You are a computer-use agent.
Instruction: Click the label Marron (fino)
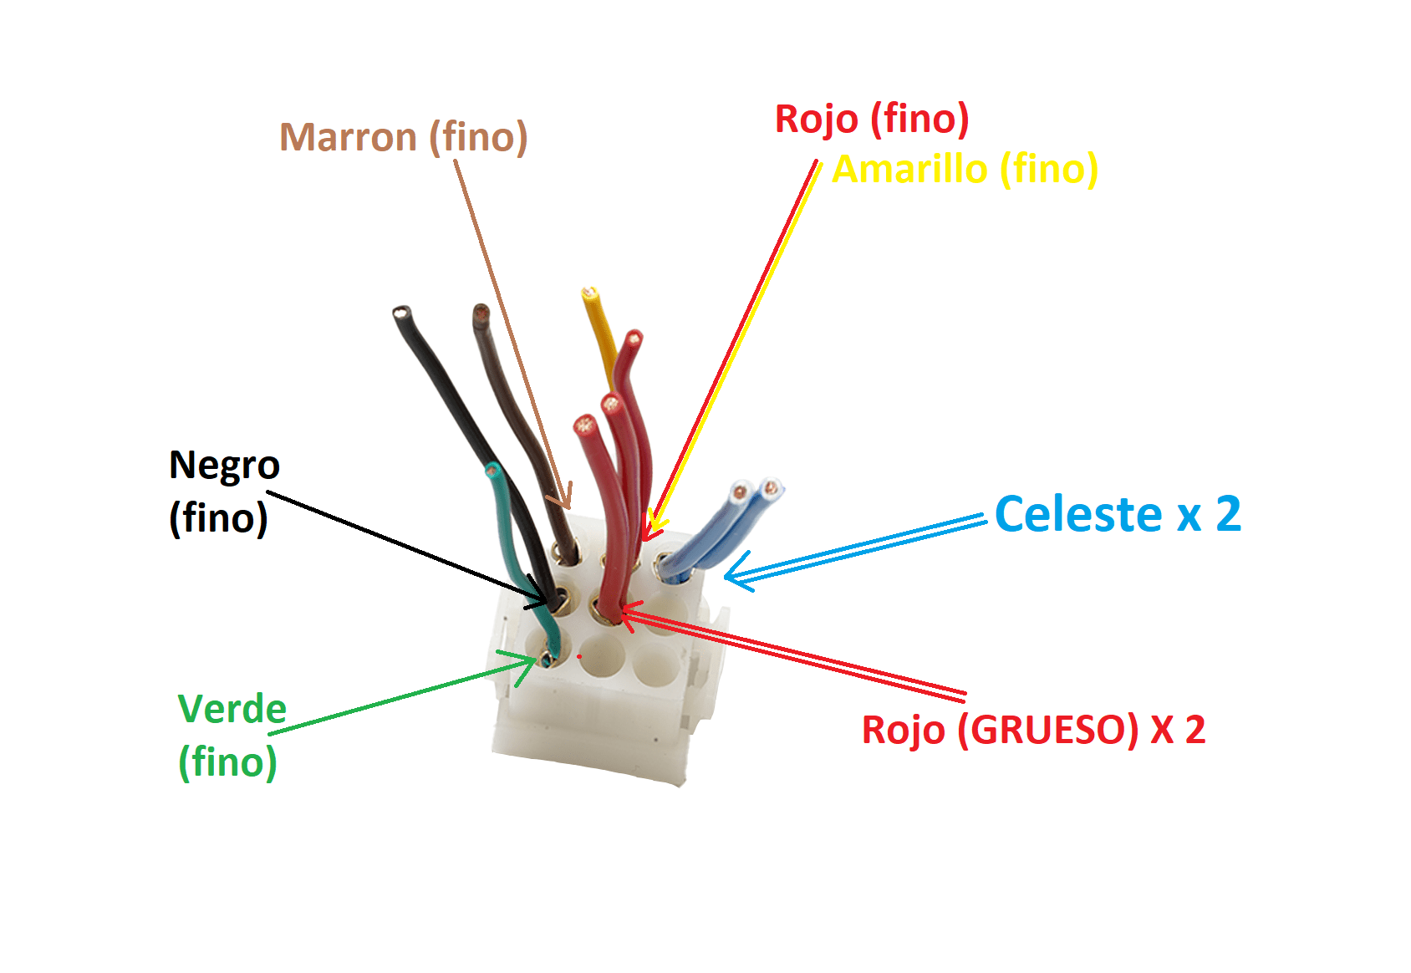tap(403, 137)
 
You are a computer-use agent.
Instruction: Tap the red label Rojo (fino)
tap(872, 119)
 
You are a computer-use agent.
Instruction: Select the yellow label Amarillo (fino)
tap(965, 169)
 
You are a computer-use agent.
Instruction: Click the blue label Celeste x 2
tap(1118, 514)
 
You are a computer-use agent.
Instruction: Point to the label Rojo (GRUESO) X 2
tap(1034, 730)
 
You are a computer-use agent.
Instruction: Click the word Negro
tap(224, 466)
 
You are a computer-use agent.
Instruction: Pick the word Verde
tap(232, 709)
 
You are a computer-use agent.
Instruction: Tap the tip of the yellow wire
tap(589, 293)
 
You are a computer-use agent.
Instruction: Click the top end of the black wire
tap(401, 313)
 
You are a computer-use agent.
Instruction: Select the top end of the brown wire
tap(481, 310)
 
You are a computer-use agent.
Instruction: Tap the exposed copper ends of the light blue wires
tap(756, 489)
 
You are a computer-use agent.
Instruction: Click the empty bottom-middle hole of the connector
tap(602, 655)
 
